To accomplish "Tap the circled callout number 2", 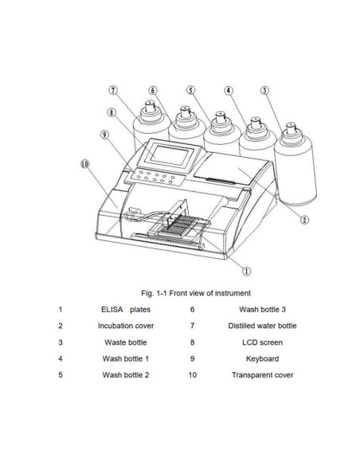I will point(303,220).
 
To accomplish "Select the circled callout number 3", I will point(264,91).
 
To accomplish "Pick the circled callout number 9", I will point(104,135).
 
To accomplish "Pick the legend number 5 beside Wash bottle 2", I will point(60,375).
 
